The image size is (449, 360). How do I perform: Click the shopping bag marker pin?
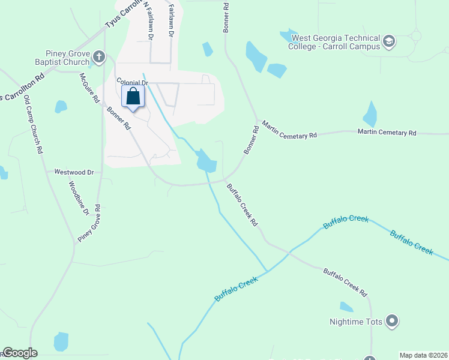133,96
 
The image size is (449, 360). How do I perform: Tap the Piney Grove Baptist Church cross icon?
99,58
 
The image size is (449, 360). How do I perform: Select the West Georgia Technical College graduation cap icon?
389,41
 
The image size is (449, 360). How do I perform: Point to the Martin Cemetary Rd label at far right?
387,132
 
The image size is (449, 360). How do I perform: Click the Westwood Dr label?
74,172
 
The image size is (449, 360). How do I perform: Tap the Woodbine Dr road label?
79,199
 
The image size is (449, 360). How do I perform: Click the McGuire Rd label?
89,88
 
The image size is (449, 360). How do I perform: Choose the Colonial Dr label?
131,82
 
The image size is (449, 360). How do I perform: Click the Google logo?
20,353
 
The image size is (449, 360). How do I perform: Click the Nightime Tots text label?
356,322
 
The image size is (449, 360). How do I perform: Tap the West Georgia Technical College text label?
335,41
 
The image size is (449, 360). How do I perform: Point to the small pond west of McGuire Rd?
61,107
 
